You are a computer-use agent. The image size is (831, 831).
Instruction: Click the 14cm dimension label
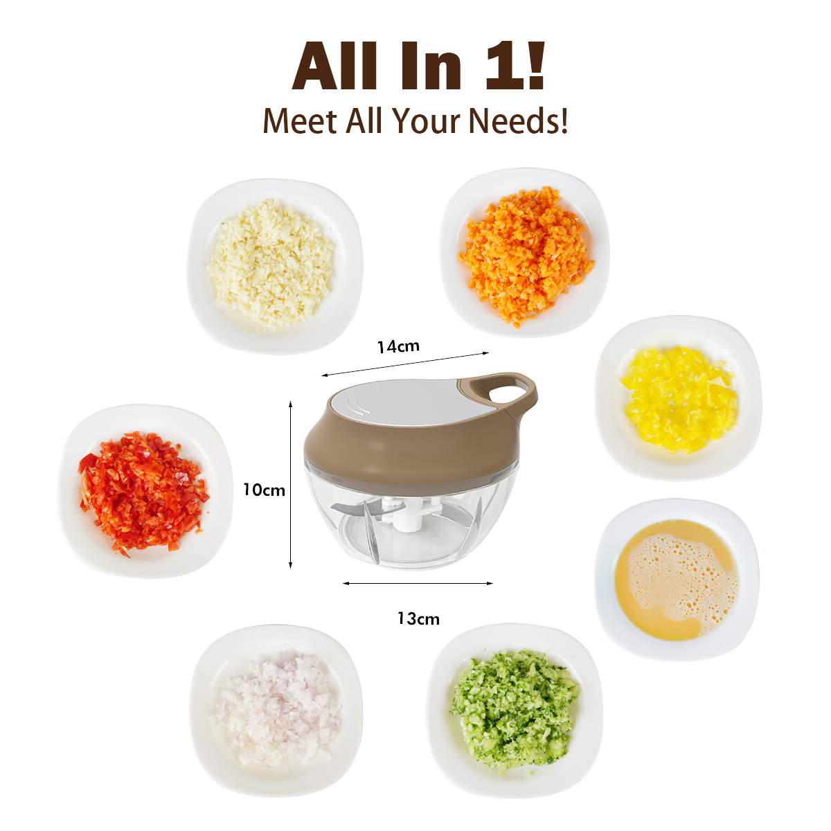click(x=397, y=347)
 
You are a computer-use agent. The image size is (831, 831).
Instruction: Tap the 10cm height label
click(x=264, y=490)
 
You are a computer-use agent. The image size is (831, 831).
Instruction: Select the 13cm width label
click(x=418, y=619)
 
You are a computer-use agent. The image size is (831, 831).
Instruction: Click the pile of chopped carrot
click(x=526, y=254)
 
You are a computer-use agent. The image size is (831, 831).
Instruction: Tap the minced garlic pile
click(x=271, y=264)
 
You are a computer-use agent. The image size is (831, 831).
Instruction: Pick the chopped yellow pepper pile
click(x=677, y=398)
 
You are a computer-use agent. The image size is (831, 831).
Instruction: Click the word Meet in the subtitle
click(x=300, y=120)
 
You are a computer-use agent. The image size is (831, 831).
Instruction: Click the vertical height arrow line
click(x=291, y=485)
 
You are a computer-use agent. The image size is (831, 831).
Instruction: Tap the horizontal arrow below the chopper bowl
click(x=418, y=584)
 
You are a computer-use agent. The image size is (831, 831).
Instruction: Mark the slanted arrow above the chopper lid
click(x=405, y=364)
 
